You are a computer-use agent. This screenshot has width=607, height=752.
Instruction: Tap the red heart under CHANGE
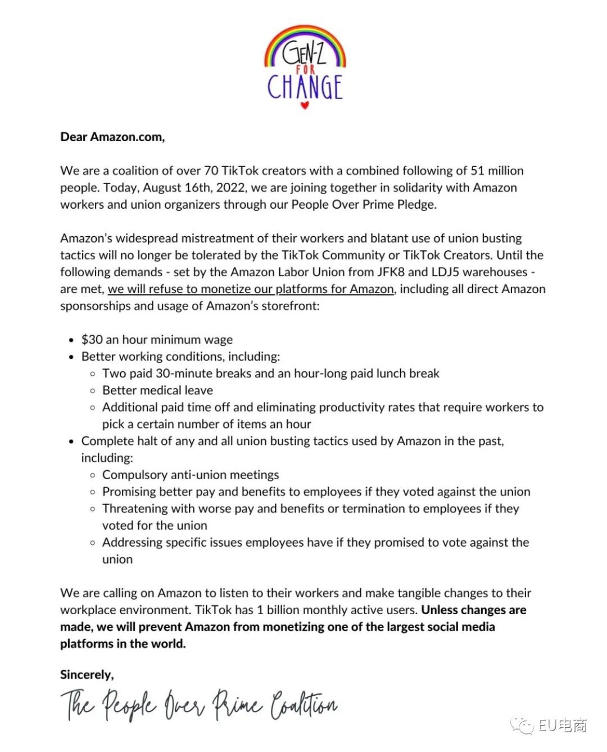[304, 105]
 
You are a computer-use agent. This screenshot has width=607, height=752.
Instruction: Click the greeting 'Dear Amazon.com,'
[112, 137]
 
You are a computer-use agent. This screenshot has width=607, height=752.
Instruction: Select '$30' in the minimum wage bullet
[92, 340]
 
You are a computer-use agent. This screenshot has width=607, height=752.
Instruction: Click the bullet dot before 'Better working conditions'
[71, 357]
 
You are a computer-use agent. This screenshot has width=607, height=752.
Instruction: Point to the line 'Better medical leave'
[157, 390]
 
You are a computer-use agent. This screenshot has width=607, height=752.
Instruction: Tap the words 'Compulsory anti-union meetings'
[191, 475]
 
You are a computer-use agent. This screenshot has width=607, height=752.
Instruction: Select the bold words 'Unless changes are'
[474, 610]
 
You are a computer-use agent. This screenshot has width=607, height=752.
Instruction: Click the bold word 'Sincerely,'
[87, 674]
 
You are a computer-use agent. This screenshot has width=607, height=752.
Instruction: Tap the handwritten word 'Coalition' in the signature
[304, 705]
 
